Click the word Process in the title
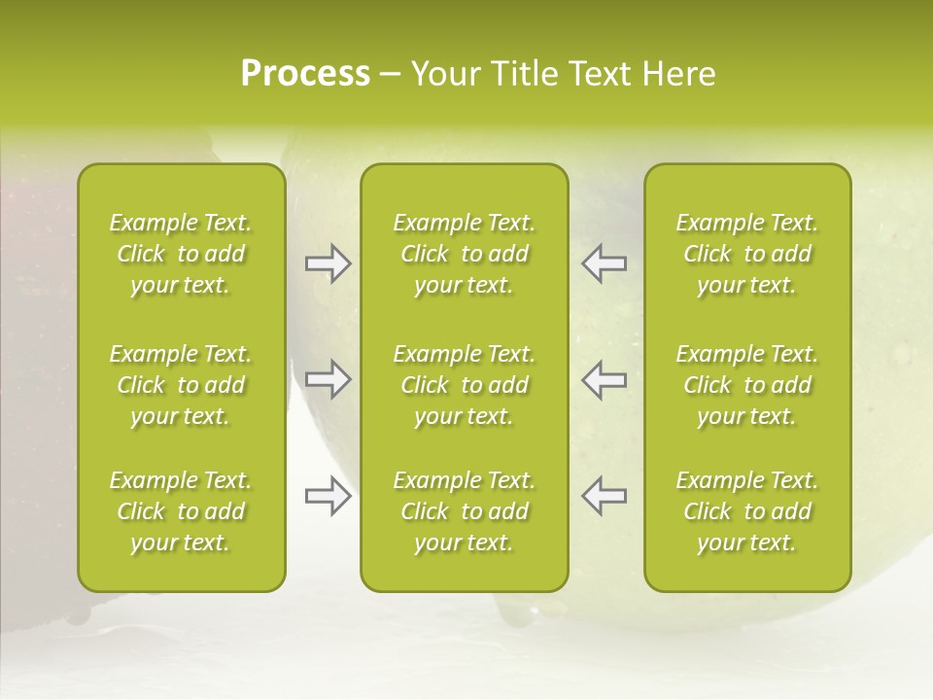[305, 74]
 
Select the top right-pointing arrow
[328, 263]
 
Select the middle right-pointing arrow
[328, 379]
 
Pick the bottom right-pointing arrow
[328, 496]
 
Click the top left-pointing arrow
[604, 263]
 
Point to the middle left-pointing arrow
[604, 379]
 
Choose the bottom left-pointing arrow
[604, 496]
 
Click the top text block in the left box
[181, 254]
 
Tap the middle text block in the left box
[181, 385]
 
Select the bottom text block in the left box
[181, 511]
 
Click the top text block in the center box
[464, 254]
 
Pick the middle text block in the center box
[464, 385]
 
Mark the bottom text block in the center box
[464, 511]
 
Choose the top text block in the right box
[747, 254]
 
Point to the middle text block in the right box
[747, 385]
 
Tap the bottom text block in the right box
[747, 511]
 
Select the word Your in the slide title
[444, 74]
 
